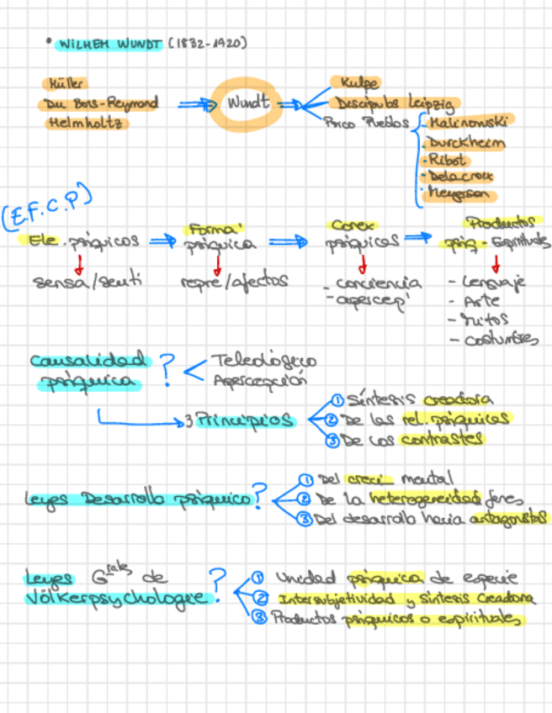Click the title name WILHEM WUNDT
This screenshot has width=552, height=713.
pos(110,43)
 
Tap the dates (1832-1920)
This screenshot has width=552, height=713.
pos(208,43)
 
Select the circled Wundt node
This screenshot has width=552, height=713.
pos(247,103)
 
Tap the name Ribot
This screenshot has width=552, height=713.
pos(447,159)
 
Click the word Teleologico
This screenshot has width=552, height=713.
pos(263,362)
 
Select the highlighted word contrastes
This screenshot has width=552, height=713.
pos(453,438)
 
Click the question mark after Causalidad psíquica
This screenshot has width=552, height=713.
pos(168,367)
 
